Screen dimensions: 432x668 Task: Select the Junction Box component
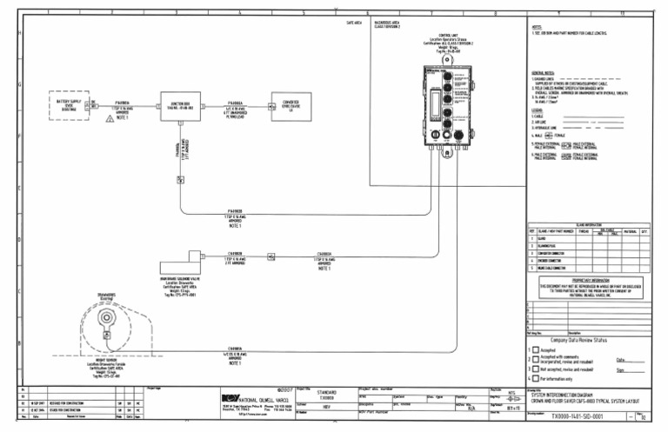(x=179, y=109)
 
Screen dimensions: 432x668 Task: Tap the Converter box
(x=291, y=108)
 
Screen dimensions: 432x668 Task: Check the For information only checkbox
(x=536, y=380)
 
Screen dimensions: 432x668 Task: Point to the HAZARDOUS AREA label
(x=388, y=26)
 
